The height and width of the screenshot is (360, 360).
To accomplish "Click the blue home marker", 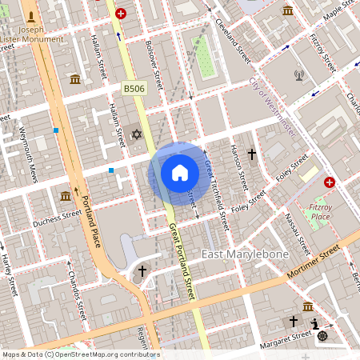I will point(180,173).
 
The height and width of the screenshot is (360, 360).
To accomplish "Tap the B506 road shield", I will point(134,88).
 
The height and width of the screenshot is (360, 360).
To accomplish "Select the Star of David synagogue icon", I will point(136,134).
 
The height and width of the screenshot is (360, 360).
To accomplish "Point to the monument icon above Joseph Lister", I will point(31,16).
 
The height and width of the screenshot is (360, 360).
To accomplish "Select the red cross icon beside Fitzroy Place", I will point(329,182).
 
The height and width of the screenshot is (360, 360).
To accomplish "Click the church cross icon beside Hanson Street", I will point(251,153).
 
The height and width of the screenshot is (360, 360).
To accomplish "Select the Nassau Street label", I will point(294,231).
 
